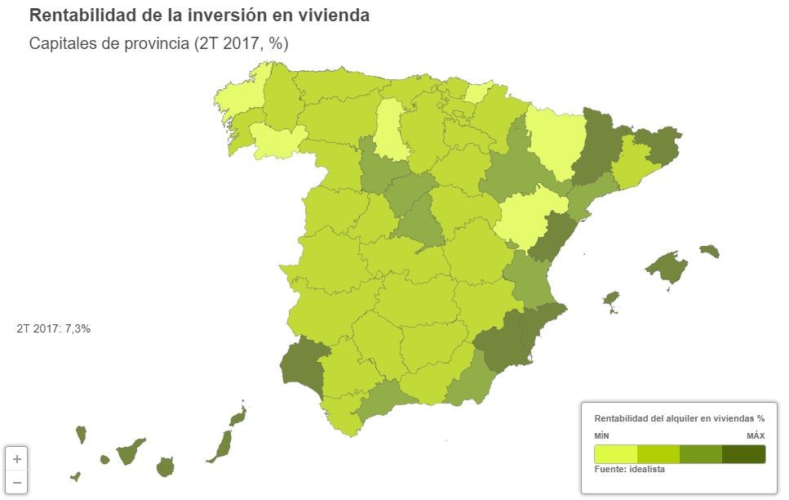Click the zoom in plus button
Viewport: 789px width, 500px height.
click(x=17, y=458)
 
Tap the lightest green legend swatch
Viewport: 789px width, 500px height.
click(x=615, y=453)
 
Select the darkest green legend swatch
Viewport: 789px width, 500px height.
click(x=743, y=453)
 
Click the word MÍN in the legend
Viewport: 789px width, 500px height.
click(x=602, y=436)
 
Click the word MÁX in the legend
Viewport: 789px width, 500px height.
click(x=756, y=436)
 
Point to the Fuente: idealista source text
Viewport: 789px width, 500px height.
click(x=630, y=470)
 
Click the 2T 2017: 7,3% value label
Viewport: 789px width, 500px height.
click(x=53, y=328)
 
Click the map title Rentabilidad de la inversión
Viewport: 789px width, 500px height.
click(x=199, y=16)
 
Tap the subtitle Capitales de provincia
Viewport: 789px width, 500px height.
click(x=159, y=43)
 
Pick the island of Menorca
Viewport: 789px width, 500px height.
click(x=710, y=250)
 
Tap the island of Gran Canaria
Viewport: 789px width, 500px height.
click(x=166, y=467)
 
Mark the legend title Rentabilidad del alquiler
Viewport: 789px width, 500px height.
click(x=679, y=417)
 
